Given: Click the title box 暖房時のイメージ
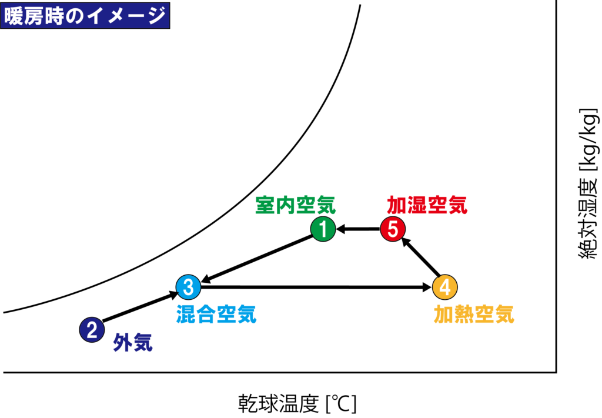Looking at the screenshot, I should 85,15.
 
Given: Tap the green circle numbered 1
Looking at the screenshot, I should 323,229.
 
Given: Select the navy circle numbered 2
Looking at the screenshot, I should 92,329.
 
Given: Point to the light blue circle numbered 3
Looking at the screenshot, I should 188,287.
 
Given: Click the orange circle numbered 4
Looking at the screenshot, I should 445,287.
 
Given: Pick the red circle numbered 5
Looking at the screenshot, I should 393,229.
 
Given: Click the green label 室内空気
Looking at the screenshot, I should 295,205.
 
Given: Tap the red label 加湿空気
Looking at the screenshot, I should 427,205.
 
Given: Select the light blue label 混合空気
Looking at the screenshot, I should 216,314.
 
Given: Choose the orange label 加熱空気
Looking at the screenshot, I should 474,314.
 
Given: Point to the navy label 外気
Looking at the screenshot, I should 133,342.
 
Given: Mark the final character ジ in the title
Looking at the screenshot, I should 156,16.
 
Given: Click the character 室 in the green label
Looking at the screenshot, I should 265,205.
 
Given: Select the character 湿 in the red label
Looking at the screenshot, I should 417,205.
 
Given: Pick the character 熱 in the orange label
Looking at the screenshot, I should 464,314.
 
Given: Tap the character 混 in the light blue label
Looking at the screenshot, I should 186,314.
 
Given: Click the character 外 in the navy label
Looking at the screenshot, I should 123,342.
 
